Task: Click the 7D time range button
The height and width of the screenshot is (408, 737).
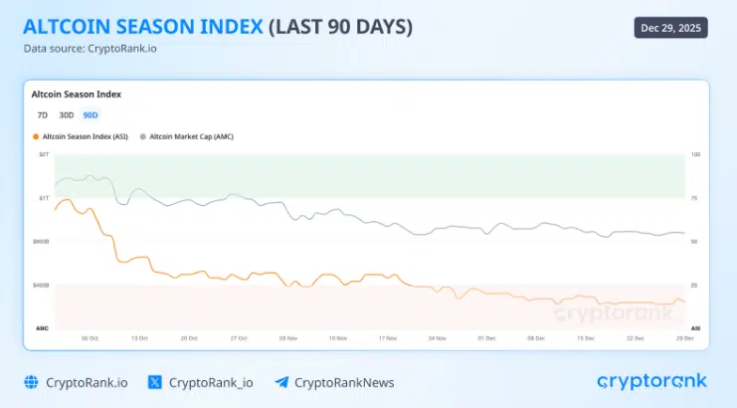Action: pos(42,115)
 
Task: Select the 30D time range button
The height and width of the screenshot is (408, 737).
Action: pos(66,115)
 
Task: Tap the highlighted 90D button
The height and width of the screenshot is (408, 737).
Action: pos(91,115)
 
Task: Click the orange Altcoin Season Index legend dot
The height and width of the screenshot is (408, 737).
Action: pos(37,136)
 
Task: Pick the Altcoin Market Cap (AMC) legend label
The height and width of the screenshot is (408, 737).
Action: pos(191,136)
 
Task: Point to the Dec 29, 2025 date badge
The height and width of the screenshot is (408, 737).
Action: pos(670,28)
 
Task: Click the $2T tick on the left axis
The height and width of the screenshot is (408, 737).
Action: pos(43,154)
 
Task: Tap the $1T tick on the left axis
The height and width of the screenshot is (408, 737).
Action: pos(43,198)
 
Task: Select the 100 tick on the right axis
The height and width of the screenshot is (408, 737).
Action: pos(694,154)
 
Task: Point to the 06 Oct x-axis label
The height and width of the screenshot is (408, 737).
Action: pos(90,338)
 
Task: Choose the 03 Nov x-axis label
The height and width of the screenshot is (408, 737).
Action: pos(288,338)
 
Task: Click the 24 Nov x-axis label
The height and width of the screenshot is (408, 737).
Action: pos(437,338)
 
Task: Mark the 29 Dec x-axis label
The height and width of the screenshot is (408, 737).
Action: pos(683,338)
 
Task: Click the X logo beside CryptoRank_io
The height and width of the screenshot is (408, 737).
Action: pos(154,382)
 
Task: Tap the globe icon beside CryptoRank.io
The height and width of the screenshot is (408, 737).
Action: pos(30,382)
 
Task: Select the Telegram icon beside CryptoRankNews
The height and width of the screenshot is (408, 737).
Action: pos(281,382)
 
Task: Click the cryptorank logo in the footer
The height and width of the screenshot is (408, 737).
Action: pos(651,381)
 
